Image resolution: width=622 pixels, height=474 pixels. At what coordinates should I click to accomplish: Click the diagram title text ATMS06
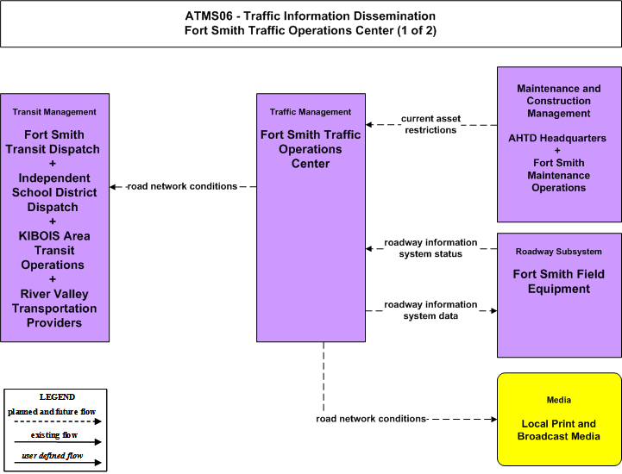click(209, 16)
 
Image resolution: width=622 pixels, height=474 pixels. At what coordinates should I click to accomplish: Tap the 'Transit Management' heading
click(54, 112)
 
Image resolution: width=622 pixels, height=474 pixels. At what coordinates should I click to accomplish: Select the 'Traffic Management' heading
click(311, 112)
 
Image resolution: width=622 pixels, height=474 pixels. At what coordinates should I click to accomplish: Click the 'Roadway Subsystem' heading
click(558, 252)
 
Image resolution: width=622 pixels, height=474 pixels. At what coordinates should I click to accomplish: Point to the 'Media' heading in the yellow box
click(558, 400)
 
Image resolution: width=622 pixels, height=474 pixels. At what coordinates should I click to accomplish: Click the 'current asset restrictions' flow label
click(430, 124)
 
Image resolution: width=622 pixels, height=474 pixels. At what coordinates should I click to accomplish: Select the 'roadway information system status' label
click(430, 248)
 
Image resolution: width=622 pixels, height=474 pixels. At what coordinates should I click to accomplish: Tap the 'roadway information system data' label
click(430, 310)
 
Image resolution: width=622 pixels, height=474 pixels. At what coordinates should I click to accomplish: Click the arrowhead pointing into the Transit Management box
click(113, 187)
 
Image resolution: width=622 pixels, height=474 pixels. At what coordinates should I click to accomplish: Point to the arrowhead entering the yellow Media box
click(493, 419)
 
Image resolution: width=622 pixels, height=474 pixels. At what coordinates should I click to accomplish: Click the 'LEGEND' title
click(57, 396)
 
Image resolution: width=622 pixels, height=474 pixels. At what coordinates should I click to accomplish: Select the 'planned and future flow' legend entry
click(52, 412)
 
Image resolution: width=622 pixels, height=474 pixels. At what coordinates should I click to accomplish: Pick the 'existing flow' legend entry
click(54, 435)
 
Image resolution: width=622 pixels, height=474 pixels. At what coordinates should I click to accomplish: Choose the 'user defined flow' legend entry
click(53, 456)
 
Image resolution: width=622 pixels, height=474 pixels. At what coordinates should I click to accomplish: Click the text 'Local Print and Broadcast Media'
click(558, 430)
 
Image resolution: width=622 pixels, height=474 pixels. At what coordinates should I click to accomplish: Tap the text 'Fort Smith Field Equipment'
click(558, 282)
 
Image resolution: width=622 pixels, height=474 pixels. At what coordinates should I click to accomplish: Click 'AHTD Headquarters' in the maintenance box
click(557, 138)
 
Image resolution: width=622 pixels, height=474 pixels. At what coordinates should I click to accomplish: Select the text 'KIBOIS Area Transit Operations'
click(54, 251)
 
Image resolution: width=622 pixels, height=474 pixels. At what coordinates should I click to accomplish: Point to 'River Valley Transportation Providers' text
click(54, 309)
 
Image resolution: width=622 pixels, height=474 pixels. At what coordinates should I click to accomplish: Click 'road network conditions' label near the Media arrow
click(371, 419)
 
